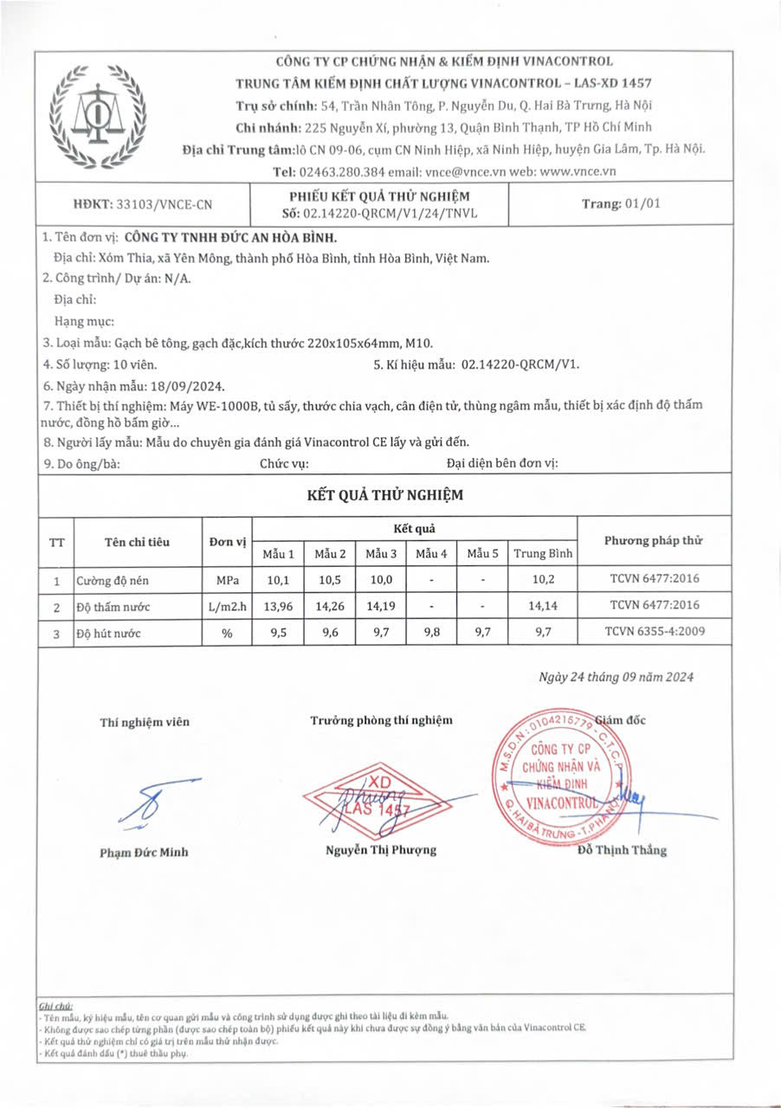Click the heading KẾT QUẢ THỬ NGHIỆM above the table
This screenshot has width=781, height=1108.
click(x=385, y=496)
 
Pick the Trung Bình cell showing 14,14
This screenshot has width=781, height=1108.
click(x=543, y=606)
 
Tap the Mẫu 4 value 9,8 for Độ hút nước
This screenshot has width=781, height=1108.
click(x=431, y=633)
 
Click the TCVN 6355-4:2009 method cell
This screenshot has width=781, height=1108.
click(x=655, y=632)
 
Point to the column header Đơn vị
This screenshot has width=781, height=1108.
click(x=227, y=542)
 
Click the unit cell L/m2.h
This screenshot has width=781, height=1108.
click(x=227, y=606)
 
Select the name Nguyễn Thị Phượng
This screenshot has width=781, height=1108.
click(x=381, y=850)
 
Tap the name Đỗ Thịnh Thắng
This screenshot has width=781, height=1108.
click(x=622, y=850)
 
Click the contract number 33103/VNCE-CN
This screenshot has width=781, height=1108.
click(x=164, y=205)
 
